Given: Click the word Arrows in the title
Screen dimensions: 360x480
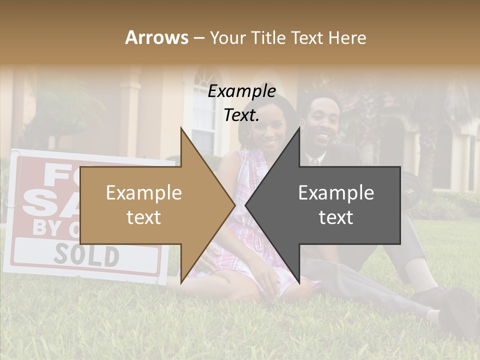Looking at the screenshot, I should pos(157,37).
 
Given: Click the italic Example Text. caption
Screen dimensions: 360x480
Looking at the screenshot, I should pos(241,103).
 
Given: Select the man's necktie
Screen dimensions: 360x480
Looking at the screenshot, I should pos(313,162).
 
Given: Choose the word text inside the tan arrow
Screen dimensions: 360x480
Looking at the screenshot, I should pos(143,217).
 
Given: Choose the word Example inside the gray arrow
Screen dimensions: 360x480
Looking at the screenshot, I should pos(336,192).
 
